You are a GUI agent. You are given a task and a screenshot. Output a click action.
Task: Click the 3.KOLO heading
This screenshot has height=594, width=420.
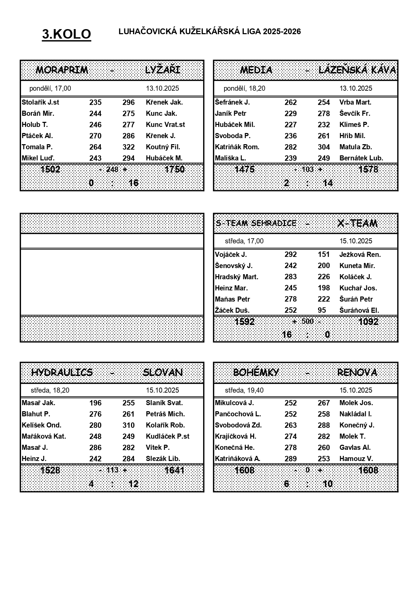pyautogui.click(x=67, y=34)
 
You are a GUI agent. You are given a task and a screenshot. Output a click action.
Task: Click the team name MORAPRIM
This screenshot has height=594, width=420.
pyautogui.click(x=62, y=70)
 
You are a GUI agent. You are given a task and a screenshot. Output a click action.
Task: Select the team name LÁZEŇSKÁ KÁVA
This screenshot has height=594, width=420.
pyautogui.click(x=357, y=70)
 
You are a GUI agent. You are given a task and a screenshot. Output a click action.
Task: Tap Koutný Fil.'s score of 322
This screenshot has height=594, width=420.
pyautogui.click(x=129, y=147)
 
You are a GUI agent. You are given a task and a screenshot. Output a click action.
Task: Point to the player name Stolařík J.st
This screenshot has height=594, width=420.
pyautogui.click(x=40, y=102)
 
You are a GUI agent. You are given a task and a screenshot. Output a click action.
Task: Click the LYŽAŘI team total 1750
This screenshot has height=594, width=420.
pyautogui.click(x=174, y=169)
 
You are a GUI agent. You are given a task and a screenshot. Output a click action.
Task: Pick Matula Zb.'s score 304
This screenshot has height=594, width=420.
pyautogui.click(x=324, y=147)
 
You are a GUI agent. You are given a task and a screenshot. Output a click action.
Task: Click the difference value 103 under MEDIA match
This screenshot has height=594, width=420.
pyautogui.click(x=308, y=169)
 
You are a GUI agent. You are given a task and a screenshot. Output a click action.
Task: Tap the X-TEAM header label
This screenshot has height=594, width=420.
pyautogui.click(x=357, y=223)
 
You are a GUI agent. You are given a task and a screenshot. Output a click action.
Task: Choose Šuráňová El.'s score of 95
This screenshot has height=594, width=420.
pyautogui.click(x=322, y=310)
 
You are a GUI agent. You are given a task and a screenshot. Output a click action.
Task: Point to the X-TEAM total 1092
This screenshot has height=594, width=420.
pyautogui.click(x=368, y=322)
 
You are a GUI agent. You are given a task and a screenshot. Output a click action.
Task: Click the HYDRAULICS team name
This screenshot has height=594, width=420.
pyautogui.click(x=62, y=372)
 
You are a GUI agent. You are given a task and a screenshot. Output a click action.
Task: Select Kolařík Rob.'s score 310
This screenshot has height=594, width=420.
pyautogui.click(x=129, y=425)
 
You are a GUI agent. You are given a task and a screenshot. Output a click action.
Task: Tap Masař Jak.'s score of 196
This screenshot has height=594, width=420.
pyautogui.click(x=95, y=403)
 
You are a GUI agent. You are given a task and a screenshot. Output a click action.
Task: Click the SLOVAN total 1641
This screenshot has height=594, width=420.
pyautogui.click(x=174, y=470)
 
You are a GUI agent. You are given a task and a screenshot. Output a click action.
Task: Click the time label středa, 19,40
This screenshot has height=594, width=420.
pyautogui.click(x=244, y=390)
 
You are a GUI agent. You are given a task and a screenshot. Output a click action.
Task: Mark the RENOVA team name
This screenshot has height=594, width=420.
pyautogui.click(x=357, y=372)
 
